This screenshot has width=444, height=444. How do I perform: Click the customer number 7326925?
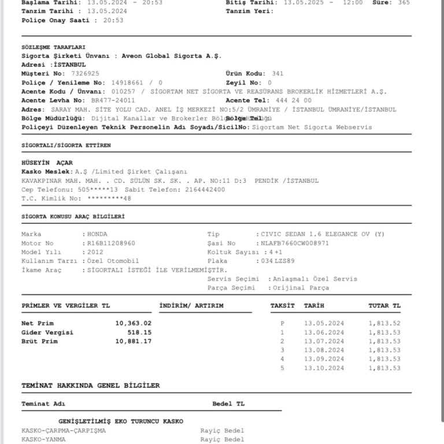pyautogui.click(x=85, y=73)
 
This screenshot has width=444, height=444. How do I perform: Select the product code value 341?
pyautogui.click(x=277, y=73)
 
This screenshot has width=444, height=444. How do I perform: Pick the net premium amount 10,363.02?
pyautogui.click(x=134, y=323)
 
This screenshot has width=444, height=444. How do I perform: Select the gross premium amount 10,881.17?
pyautogui.click(x=134, y=342)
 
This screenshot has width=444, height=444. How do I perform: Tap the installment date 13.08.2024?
pyautogui.click(x=324, y=350)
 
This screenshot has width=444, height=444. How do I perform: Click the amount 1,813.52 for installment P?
pyautogui.click(x=384, y=323)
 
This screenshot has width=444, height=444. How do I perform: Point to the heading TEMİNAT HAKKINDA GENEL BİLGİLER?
pyautogui.click(x=91, y=385)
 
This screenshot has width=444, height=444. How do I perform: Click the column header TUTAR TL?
pyautogui.click(x=384, y=305)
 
